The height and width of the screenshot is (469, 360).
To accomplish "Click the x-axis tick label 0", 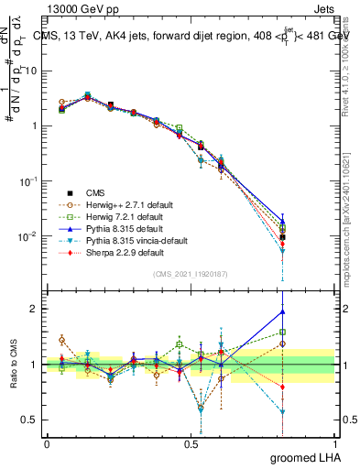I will [x=47, y=444].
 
